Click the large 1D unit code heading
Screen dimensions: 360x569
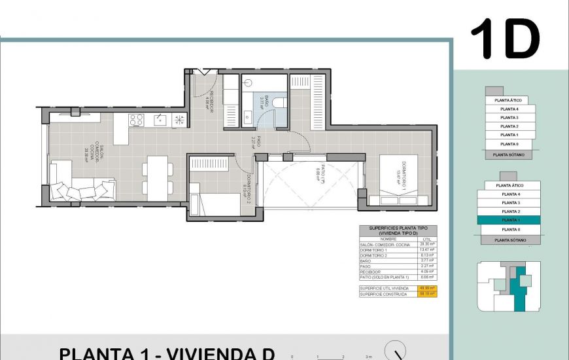coord(504,39)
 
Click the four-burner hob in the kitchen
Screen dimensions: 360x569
coord(136,120)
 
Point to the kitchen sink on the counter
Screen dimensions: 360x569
coord(161,120)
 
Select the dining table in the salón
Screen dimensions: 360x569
coord(157,177)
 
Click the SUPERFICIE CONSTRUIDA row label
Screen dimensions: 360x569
coord(383,295)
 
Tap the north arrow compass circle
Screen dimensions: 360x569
coord(395,351)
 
